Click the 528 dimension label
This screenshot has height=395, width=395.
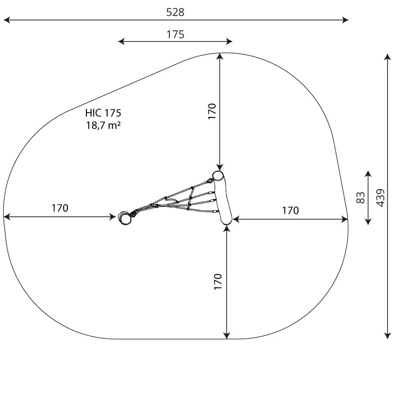pyautogui.click(x=175, y=12)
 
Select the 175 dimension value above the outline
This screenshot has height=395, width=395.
pyautogui.click(x=175, y=34)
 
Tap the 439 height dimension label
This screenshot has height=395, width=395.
pyautogui.click(x=381, y=198)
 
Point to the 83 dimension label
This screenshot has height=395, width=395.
pyautogui.click(x=360, y=197)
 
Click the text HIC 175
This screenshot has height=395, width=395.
pyautogui.click(x=103, y=113)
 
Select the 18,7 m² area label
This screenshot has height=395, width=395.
pyautogui.click(x=103, y=125)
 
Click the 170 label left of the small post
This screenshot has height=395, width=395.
pyautogui.click(x=60, y=208)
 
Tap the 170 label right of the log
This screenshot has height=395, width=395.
pyautogui.click(x=290, y=210)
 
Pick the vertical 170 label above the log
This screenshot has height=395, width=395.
pyautogui.click(x=212, y=111)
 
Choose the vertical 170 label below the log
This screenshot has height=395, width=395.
pyautogui.click(x=218, y=281)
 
